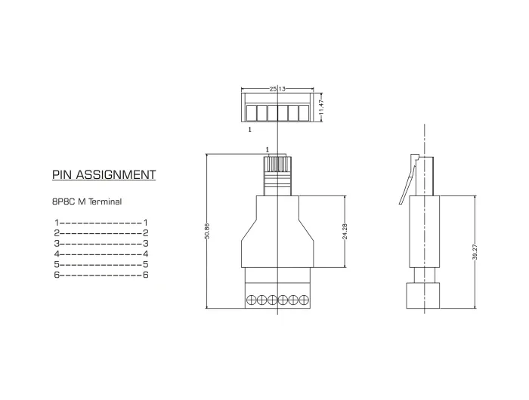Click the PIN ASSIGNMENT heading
point(104,174)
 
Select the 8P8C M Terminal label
point(87,202)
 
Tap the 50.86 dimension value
point(207,231)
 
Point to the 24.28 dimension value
point(345,232)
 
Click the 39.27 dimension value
point(475,252)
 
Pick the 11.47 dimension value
point(321,106)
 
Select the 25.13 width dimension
point(277,88)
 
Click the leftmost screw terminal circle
point(252,299)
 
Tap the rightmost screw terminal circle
point(304,299)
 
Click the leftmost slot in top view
point(251,113)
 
